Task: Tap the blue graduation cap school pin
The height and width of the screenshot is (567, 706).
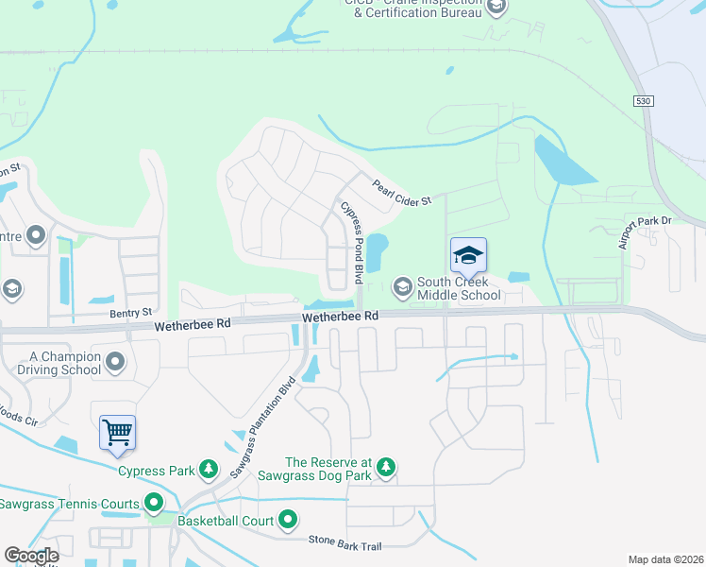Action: point(468,255)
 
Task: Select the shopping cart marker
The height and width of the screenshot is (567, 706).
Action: point(118,434)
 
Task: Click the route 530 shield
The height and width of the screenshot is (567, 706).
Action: point(644,100)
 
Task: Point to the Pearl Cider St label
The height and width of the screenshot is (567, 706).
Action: point(402,193)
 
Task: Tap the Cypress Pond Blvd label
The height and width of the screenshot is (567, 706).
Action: point(352,243)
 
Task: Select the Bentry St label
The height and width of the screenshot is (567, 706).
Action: point(130,312)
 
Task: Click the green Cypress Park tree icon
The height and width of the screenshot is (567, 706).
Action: point(209,470)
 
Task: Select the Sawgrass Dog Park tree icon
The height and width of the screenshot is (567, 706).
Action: point(385,467)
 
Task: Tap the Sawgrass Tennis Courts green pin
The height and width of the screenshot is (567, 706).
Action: point(152,505)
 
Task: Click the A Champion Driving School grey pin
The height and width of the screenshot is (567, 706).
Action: point(116,361)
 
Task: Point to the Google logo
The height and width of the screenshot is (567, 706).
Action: point(31,555)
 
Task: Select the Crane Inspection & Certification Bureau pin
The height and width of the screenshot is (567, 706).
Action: point(497,9)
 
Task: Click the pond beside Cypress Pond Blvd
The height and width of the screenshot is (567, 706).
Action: point(377,251)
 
